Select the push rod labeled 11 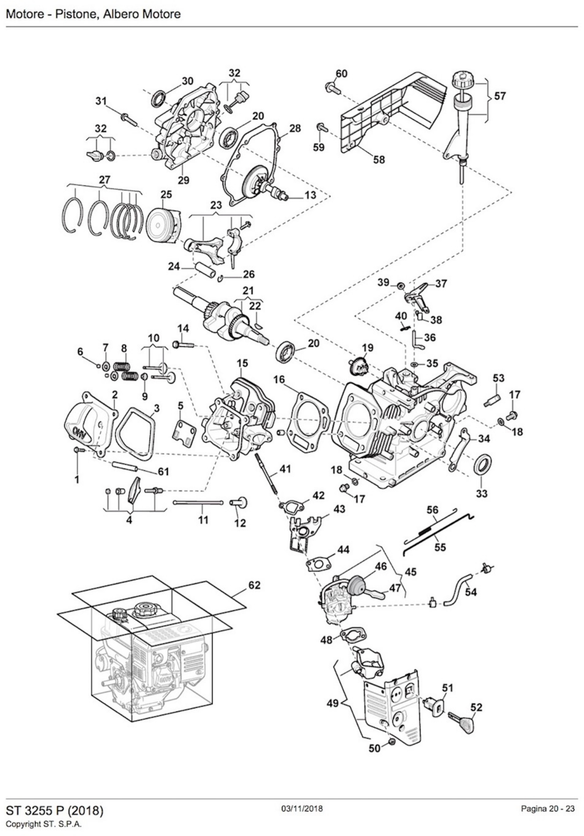[x=198, y=503]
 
